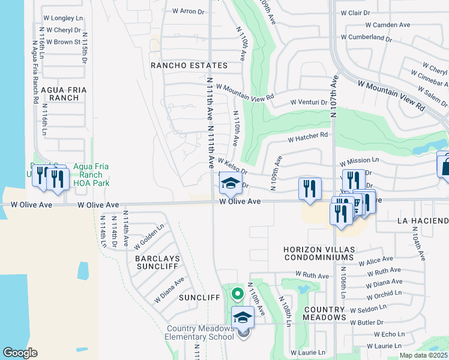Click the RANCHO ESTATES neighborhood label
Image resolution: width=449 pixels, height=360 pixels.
pyautogui.click(x=189, y=65)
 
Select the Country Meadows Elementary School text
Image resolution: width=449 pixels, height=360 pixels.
pyautogui.click(x=200, y=332)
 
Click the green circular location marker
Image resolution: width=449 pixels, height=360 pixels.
pyautogui.click(x=237, y=294)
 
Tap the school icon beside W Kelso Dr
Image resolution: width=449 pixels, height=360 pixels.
pyautogui.click(x=230, y=184)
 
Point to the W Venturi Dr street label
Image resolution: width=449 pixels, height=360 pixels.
pyautogui.click(x=312, y=102)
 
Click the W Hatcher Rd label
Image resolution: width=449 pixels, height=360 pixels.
pyautogui.click(x=309, y=137)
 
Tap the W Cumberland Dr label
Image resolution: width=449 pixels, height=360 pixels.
pyautogui.click(x=366, y=38)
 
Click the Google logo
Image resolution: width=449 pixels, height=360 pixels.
pyautogui.click(x=20, y=353)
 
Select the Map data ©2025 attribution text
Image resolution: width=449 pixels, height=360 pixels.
pyautogui.click(x=423, y=355)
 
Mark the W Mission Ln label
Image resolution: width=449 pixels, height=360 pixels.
pyautogui.click(x=359, y=161)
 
